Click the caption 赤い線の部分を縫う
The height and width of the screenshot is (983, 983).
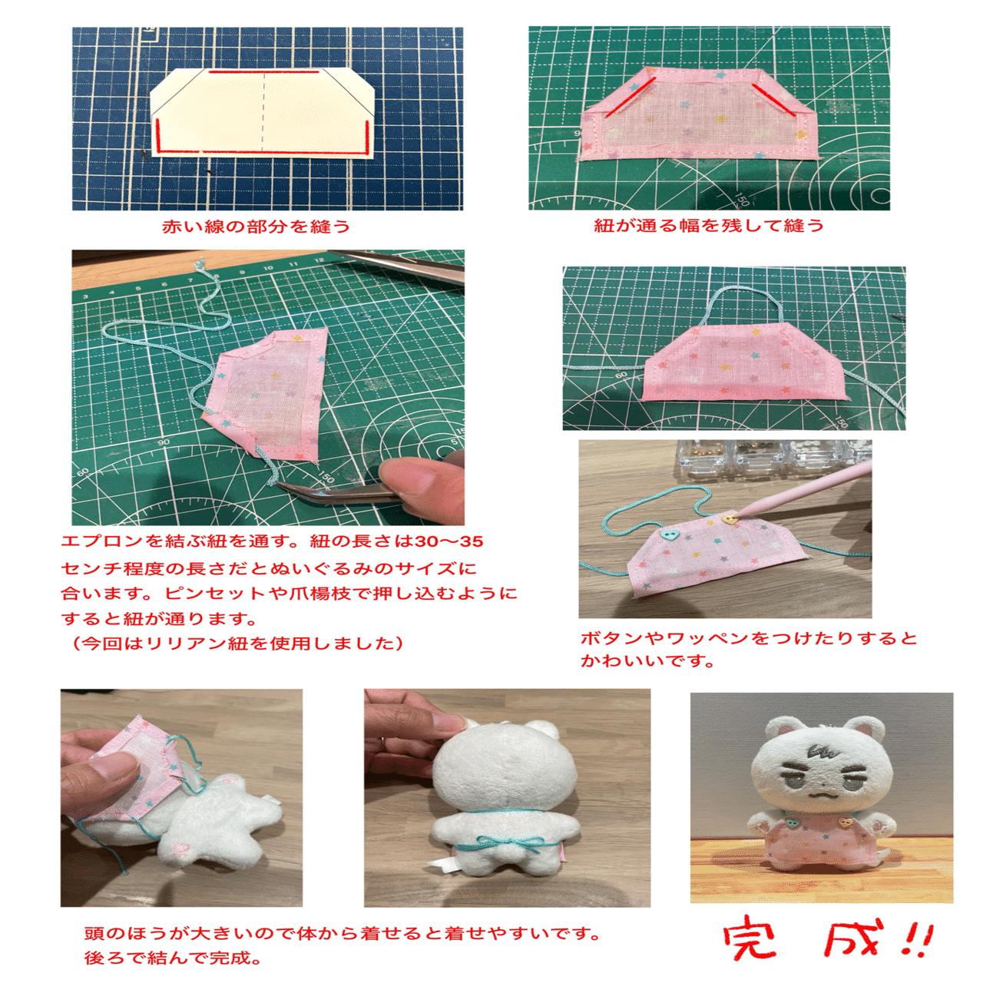pos(256,227)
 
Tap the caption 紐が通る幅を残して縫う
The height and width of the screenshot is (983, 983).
pos(708,226)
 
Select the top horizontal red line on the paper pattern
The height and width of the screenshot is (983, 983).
pos(263,72)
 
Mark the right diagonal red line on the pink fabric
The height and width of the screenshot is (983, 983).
pos(772,100)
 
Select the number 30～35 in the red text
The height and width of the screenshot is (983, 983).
pos(449,541)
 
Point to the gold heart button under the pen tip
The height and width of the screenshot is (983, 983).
pos(731,519)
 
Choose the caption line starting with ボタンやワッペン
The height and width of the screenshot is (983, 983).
pos(749,638)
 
